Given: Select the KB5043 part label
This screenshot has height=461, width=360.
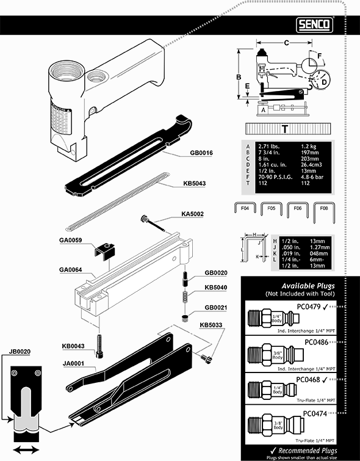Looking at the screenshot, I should coord(195,183).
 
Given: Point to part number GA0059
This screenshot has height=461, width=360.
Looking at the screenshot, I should coord(71,241).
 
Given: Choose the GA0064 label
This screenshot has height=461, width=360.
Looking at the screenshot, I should coord(71,269).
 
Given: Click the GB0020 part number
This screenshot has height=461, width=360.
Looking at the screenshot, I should coord(217,273).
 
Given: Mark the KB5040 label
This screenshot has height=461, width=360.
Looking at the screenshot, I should coord(217,287).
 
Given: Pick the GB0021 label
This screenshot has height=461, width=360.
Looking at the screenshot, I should coord(217,307).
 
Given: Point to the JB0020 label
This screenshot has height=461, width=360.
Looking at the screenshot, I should coord(20,352).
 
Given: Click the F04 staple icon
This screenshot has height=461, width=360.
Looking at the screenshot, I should coord(245,211).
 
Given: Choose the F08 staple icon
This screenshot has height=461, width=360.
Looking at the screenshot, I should coord(323,211).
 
